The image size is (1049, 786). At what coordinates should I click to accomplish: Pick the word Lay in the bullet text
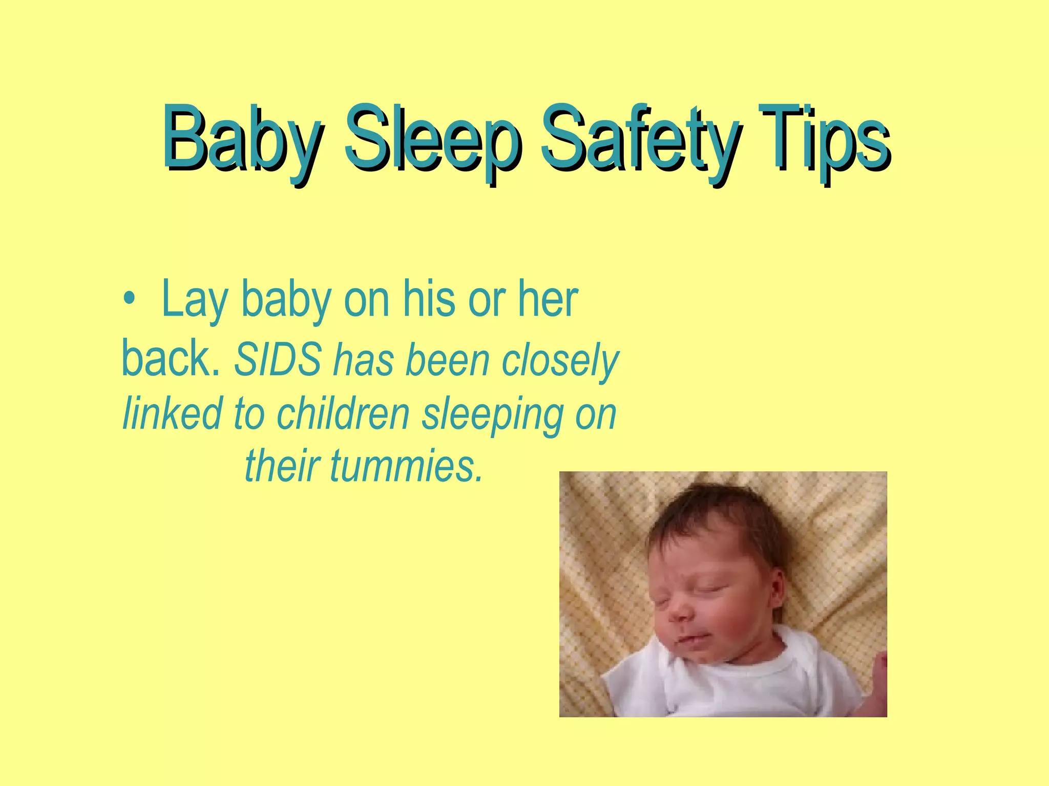(x=194, y=301)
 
